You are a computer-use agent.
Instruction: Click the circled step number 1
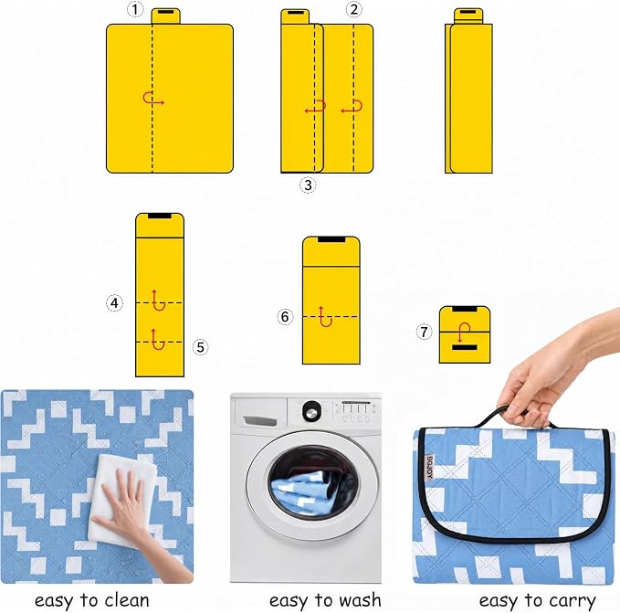[x=135, y=9]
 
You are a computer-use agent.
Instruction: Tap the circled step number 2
[x=354, y=9]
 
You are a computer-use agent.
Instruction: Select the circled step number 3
[x=308, y=185]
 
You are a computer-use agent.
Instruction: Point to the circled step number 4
[x=115, y=303]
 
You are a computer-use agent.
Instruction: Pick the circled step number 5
[x=201, y=347]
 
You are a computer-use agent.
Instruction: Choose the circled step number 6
[x=285, y=317]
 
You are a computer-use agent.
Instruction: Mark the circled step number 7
[x=424, y=332]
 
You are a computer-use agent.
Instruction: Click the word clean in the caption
[x=126, y=601]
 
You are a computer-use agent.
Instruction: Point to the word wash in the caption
[x=360, y=600]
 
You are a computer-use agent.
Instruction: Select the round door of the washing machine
[x=312, y=484]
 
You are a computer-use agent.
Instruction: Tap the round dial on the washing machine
[x=312, y=411]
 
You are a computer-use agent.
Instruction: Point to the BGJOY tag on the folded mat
[x=430, y=467]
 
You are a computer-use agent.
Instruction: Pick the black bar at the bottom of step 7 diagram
[x=465, y=348]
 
